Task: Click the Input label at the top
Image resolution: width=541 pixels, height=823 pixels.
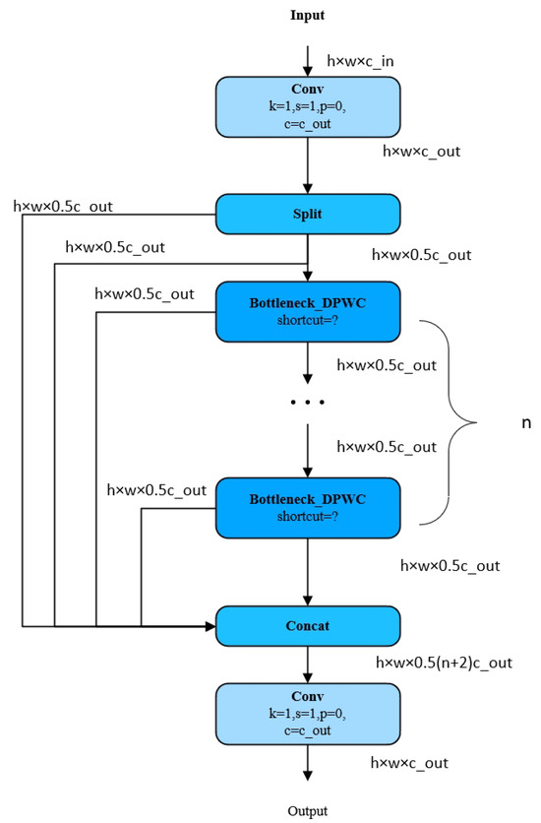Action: [x=307, y=16]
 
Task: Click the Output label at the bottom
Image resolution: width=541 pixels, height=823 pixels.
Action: [x=307, y=811]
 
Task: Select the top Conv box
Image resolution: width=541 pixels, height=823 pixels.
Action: [x=307, y=105]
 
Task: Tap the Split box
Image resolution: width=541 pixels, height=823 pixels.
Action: [x=307, y=214]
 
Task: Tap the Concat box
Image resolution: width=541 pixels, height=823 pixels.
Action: [x=307, y=625]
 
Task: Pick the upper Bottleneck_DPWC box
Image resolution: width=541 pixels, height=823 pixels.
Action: [x=307, y=310]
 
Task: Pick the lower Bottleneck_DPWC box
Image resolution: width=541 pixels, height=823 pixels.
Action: [x=307, y=507]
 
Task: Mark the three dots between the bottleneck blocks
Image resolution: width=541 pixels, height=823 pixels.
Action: [x=307, y=404]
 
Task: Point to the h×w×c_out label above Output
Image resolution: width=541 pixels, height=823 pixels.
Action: [x=415, y=763]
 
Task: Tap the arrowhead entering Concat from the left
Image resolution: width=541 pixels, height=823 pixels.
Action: [x=210, y=625]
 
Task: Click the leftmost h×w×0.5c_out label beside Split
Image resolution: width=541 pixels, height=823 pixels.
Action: [x=61, y=206]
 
